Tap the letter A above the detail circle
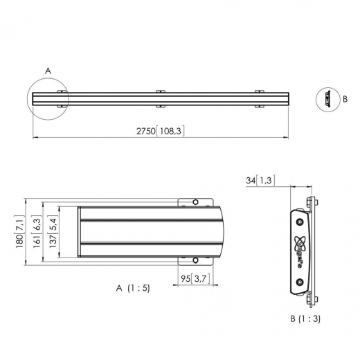click(x=48, y=71)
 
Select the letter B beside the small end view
click(x=345, y=99)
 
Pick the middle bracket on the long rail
click(x=161, y=98)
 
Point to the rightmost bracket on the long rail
click(x=260, y=98)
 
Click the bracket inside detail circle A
click(x=61, y=98)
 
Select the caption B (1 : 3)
click(x=305, y=319)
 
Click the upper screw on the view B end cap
click(x=299, y=221)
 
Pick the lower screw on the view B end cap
click(x=299, y=282)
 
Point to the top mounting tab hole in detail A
click(x=195, y=202)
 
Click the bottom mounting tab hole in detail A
click(x=195, y=261)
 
